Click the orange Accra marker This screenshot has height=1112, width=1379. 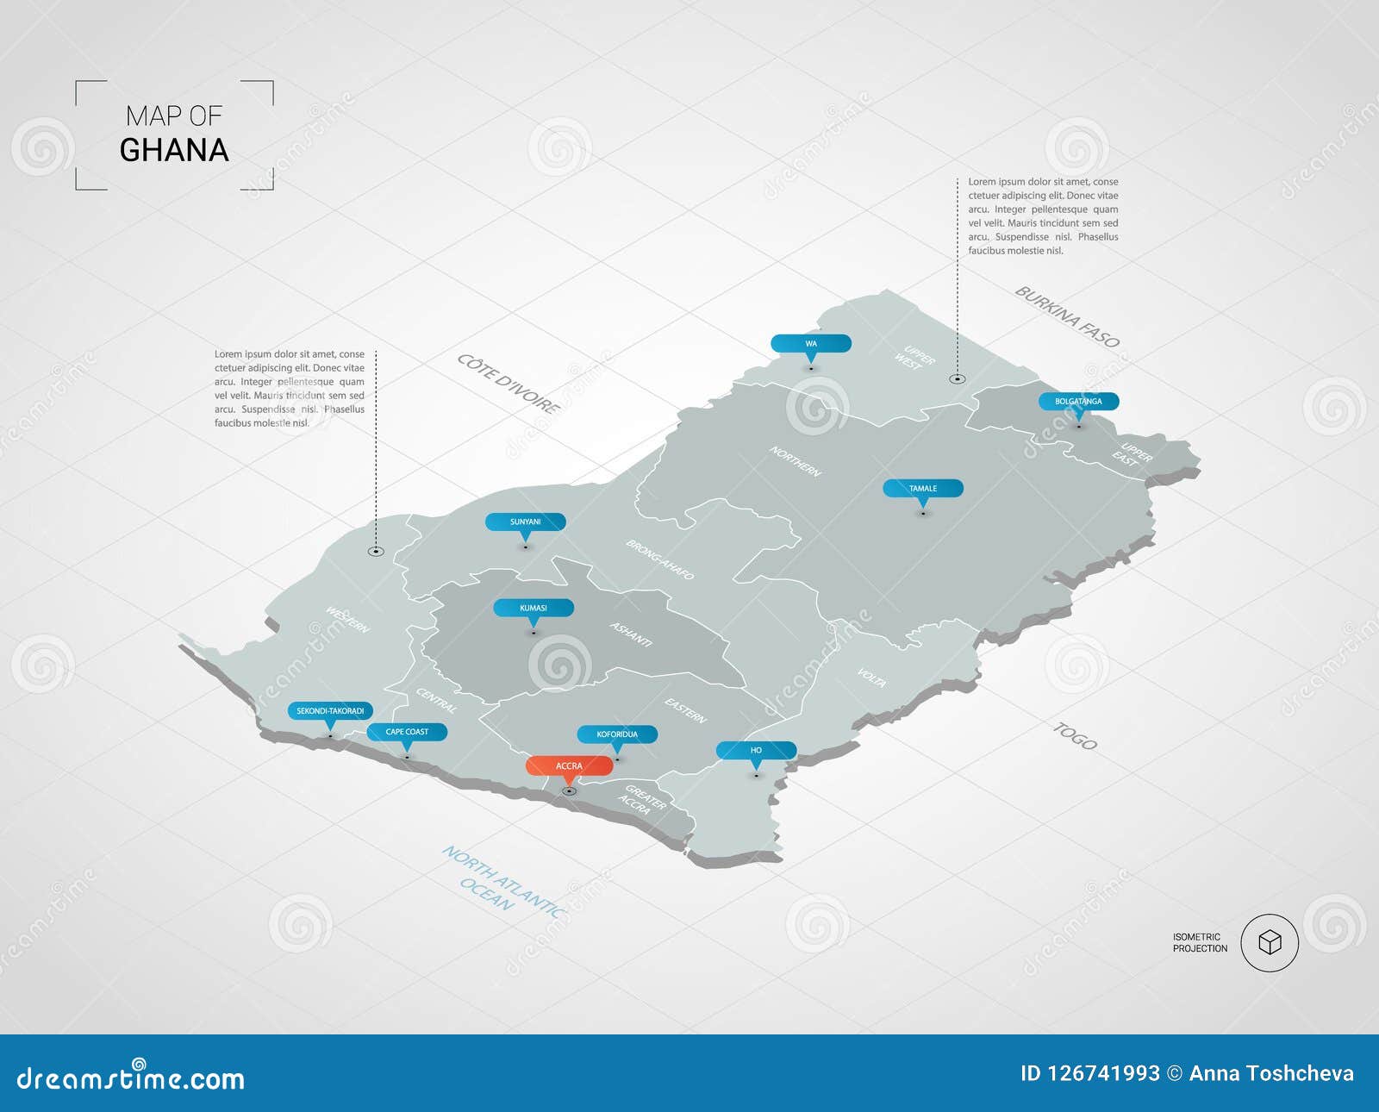click(x=569, y=765)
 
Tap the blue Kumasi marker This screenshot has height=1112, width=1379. click(x=533, y=608)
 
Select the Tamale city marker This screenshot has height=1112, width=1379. click(x=922, y=489)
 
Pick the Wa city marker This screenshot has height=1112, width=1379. click(x=810, y=344)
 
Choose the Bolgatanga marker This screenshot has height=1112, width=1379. click(x=1077, y=402)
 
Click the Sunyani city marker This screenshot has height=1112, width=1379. click(x=525, y=522)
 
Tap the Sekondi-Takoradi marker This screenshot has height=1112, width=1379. click(x=330, y=711)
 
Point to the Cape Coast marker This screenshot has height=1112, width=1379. click(x=407, y=732)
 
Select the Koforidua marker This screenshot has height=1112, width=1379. click(x=617, y=734)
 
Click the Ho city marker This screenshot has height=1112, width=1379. click(x=756, y=750)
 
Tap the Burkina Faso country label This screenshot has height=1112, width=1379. click(x=1067, y=316)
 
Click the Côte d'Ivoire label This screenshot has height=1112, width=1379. click(x=508, y=383)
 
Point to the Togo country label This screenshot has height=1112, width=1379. click(x=1075, y=735)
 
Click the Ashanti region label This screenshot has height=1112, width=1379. click(x=631, y=634)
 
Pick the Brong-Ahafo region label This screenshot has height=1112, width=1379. click(x=659, y=559)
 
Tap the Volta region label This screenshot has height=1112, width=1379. click(x=871, y=678)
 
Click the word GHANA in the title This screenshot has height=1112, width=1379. click(x=174, y=150)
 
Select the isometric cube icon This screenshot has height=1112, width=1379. click(x=1270, y=943)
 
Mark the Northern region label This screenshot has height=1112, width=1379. click(x=795, y=461)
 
